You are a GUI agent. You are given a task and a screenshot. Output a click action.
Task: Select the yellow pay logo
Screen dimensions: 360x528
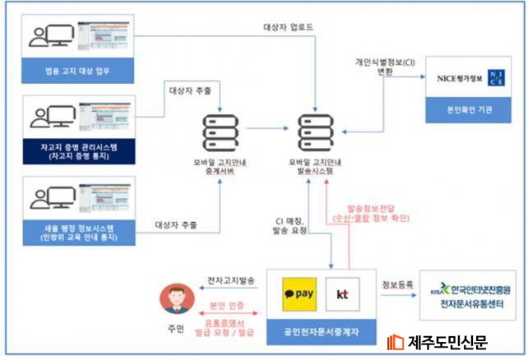click(x=297, y=293)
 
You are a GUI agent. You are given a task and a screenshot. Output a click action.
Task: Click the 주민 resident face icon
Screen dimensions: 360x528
click(x=176, y=296)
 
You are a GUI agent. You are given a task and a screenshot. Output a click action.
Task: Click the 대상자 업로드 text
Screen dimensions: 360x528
click(x=288, y=26)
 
